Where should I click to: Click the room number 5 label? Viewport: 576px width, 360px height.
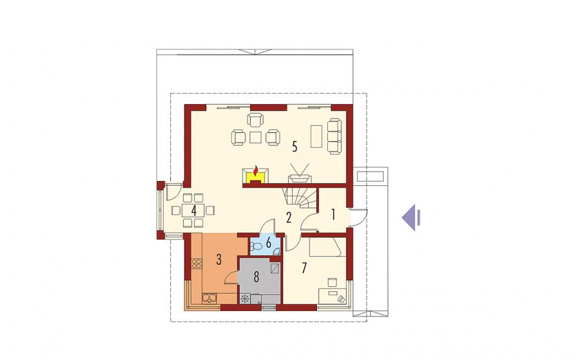click(294, 147)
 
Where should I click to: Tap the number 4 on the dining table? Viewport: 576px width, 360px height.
click(194, 211)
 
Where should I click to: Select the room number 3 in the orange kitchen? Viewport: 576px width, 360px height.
click(219, 259)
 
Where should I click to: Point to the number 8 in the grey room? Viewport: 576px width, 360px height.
click(256, 277)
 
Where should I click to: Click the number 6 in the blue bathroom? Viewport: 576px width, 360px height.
click(268, 242)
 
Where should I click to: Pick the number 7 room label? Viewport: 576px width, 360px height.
click(304, 268)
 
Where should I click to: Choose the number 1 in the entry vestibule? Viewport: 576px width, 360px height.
click(333, 215)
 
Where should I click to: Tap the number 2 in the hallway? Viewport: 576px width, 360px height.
click(289, 218)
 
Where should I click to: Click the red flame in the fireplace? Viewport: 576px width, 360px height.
click(256, 170)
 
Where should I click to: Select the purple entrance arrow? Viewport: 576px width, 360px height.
click(411, 217)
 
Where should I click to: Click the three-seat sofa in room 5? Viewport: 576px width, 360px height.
click(335, 136)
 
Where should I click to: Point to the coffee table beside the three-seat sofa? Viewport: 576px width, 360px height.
click(316, 136)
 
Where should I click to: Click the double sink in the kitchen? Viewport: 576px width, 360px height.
click(209, 297)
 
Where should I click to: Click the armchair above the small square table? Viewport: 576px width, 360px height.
click(256, 120)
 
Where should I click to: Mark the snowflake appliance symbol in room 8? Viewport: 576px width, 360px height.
click(244, 298)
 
